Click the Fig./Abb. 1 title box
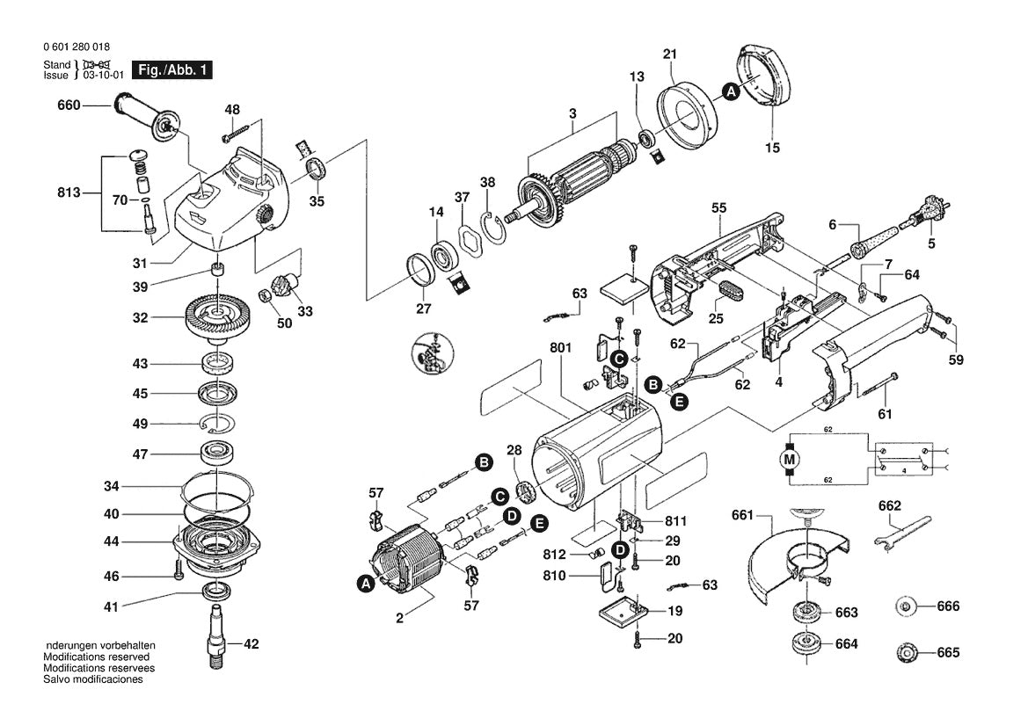[172, 70]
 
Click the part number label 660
[69, 105]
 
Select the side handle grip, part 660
[147, 116]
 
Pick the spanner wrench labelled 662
[901, 530]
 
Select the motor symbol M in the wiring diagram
[790, 458]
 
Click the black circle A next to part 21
[731, 92]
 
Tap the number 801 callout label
[560, 347]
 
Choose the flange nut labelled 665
[906, 653]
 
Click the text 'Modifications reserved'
[97, 657]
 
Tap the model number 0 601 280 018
[77, 47]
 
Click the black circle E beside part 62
[679, 401]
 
